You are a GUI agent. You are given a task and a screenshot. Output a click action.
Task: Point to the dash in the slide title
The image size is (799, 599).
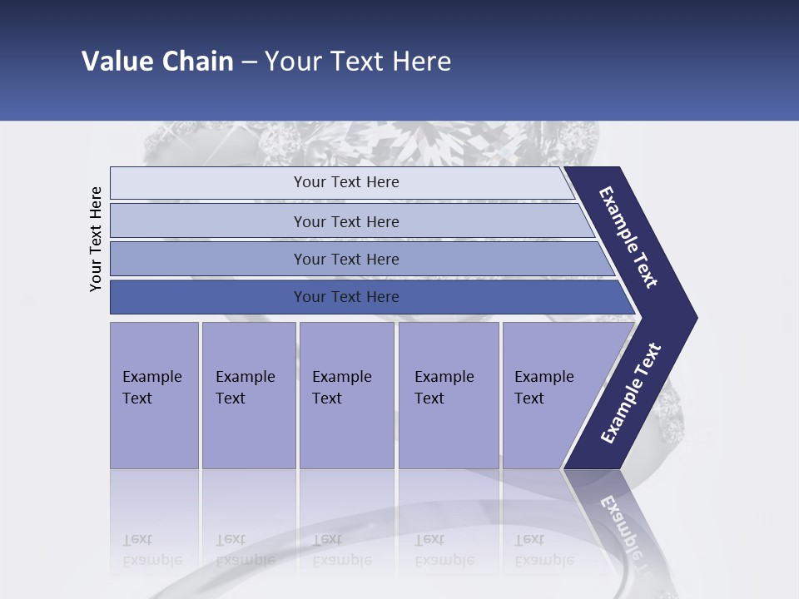[249, 62]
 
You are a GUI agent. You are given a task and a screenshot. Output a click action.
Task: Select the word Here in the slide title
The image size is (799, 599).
[421, 62]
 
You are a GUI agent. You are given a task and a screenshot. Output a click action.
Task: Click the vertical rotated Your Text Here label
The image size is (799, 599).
[96, 239]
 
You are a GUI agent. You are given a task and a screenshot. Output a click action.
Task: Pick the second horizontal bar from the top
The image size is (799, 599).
[345, 221]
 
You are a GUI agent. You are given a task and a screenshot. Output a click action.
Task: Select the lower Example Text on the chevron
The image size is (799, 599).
[631, 394]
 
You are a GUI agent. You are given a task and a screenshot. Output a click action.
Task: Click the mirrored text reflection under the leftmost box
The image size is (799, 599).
[151, 550]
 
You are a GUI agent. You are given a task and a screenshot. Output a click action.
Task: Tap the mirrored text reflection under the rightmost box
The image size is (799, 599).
[543, 550]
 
